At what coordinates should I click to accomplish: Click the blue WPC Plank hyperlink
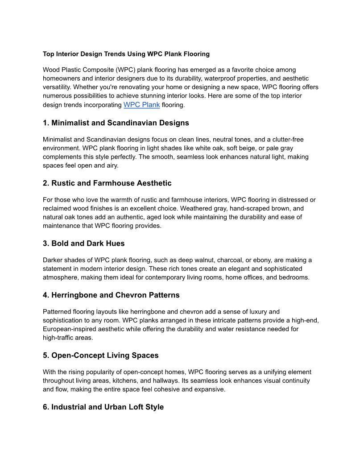(141, 105)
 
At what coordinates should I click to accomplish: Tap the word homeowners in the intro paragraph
(62, 78)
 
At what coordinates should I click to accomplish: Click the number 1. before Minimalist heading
(46, 123)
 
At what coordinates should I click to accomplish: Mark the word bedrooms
(293, 277)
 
